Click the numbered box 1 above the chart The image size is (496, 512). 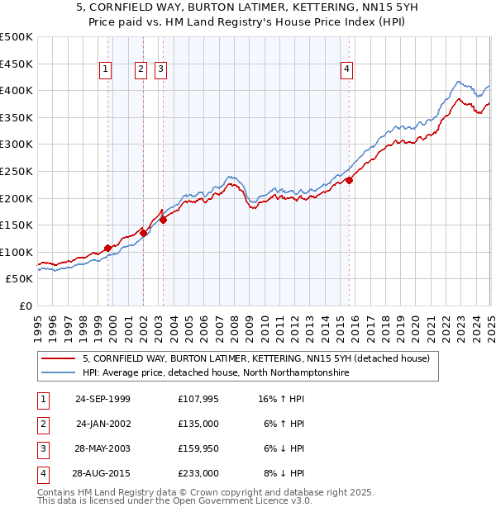tap(107, 70)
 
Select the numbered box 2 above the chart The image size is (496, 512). tap(141, 70)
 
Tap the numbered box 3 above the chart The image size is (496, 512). tap(160, 70)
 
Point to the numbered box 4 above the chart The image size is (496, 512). tap(346, 70)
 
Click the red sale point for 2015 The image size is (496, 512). tap(350, 180)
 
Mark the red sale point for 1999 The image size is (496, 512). tap(108, 247)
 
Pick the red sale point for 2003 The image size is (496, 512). tap(164, 220)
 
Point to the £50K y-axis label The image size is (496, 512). tap(20, 279)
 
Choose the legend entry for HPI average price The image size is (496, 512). tap(216, 373)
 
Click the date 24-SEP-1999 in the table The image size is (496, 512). tap(103, 399)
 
